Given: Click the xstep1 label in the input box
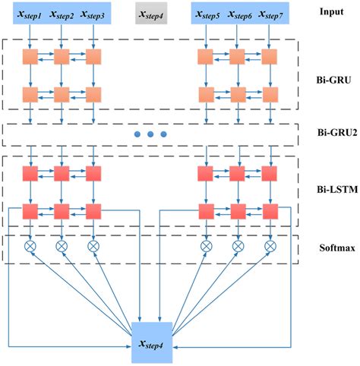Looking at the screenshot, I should pyautogui.click(x=30, y=14).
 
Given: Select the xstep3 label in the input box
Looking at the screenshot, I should pyautogui.click(x=93, y=14).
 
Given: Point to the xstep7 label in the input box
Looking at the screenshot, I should pyautogui.click(x=270, y=14).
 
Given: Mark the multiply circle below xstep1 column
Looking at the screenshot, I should pyautogui.click(x=30, y=246).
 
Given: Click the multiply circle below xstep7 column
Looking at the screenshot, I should pyautogui.click(x=270, y=246).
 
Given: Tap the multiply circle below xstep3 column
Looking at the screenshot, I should pyautogui.click(x=93, y=246).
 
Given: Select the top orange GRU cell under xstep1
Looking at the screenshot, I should pyautogui.click(x=30, y=57).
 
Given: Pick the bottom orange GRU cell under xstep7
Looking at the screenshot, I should pyautogui.click(x=270, y=95).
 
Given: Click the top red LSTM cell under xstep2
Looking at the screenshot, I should pyautogui.click(x=62, y=174).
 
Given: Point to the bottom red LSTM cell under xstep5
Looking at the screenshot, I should pyautogui.click(x=206, y=210).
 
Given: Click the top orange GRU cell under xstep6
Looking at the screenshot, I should pyautogui.click(x=238, y=57).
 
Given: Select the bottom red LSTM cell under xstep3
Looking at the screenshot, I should pyautogui.click(x=93, y=210).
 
